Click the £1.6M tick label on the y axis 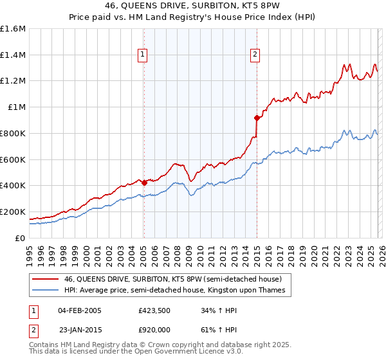coord(13,29)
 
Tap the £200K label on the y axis coord(13,212)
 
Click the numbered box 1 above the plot coord(142,55)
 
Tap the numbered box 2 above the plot coord(255,55)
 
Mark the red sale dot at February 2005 coord(144,183)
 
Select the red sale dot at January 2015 coord(257,118)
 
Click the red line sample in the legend coord(46,280)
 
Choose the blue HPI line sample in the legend coord(46,291)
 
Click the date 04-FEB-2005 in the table coord(80,310)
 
